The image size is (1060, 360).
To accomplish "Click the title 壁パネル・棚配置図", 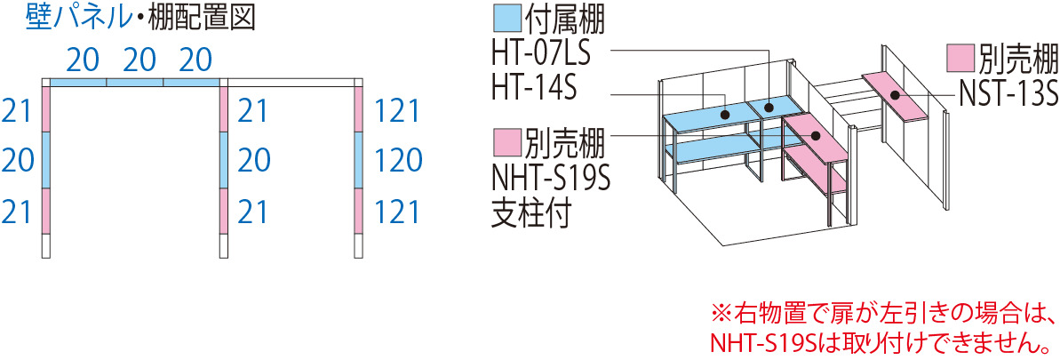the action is click(140, 19).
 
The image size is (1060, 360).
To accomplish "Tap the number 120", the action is click(397, 161).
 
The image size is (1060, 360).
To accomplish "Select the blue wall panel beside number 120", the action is click(357, 160).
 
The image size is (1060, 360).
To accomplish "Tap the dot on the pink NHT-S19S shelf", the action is click(816, 135).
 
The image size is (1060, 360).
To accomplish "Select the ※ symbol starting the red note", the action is click(721, 313).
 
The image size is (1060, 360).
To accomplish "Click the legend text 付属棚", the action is click(564, 20).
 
